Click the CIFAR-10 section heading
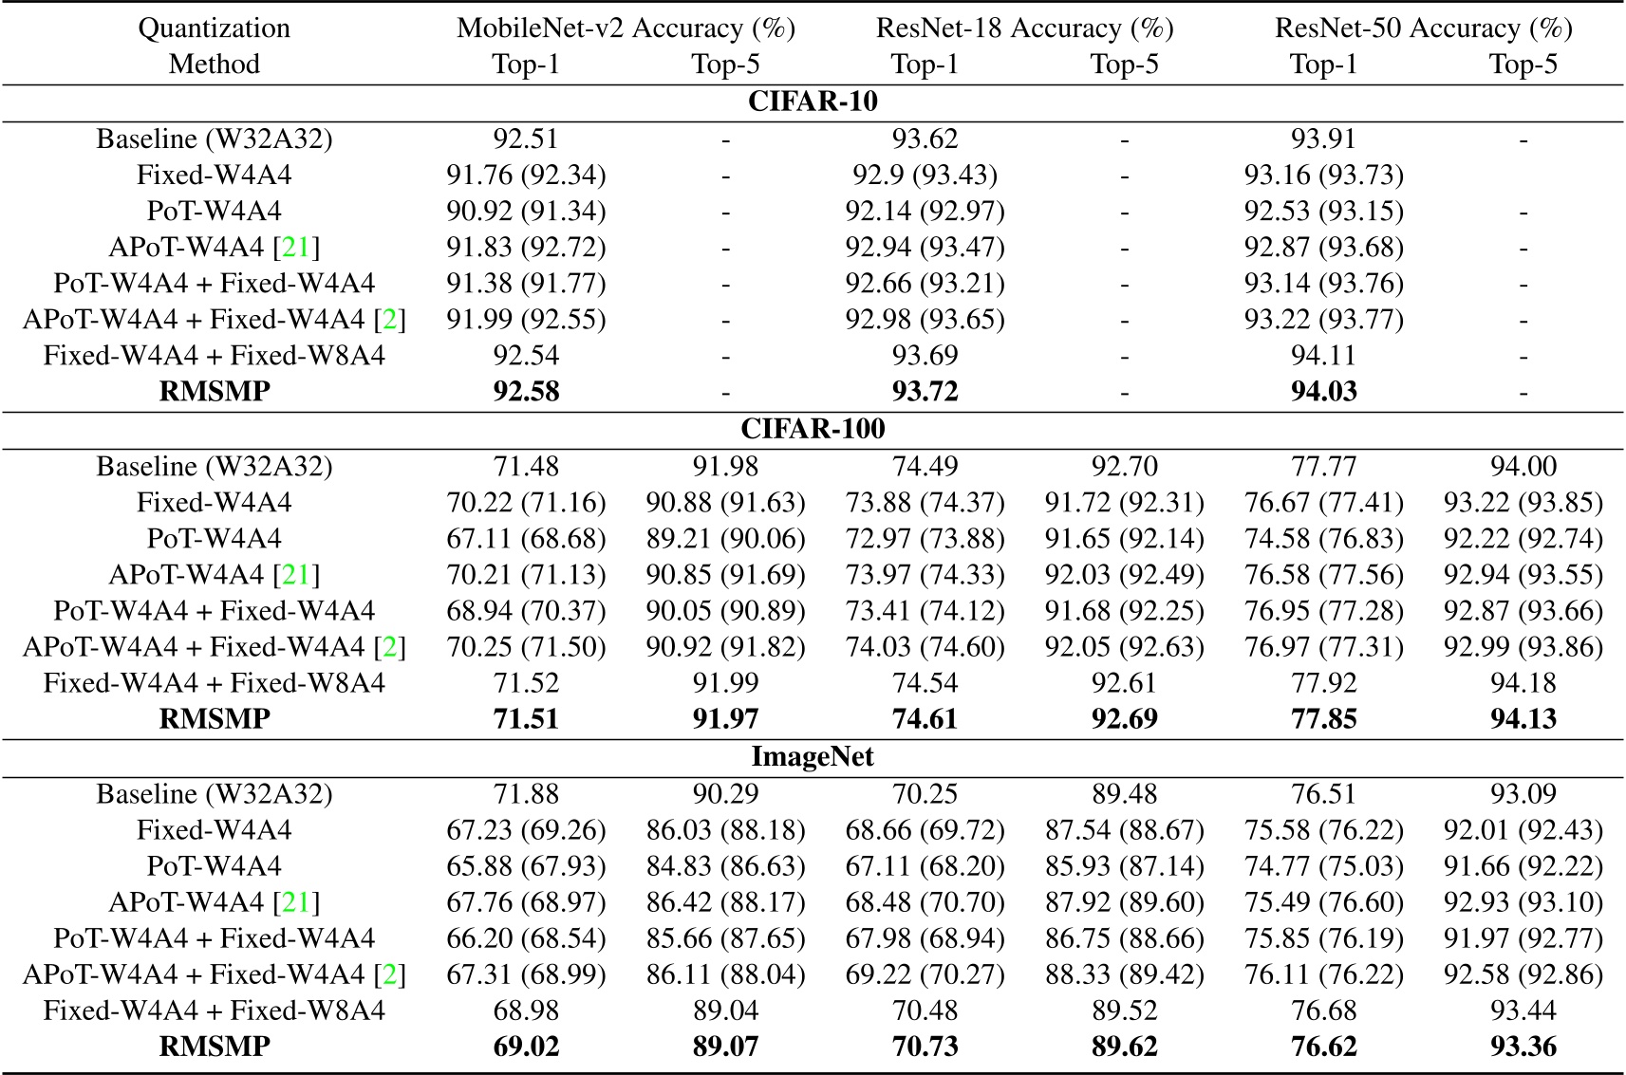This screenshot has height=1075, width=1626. [813, 102]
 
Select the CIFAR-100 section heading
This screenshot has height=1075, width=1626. [813, 429]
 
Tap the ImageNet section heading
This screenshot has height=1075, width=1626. [813, 756]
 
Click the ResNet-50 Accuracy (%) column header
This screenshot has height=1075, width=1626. [1423, 28]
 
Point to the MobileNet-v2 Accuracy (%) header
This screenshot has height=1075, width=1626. [626, 28]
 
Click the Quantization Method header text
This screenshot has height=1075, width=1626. [215, 46]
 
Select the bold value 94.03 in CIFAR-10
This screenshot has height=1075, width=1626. [1323, 391]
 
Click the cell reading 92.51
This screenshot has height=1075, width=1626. [526, 139]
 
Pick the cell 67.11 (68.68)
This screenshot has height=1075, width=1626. [526, 538]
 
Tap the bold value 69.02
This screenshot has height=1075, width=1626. [526, 1046]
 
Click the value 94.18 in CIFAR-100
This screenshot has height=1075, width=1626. [1523, 682]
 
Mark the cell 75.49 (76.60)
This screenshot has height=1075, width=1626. [1323, 901]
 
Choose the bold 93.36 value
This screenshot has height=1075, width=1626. [1523, 1046]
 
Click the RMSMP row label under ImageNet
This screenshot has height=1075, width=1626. [215, 1046]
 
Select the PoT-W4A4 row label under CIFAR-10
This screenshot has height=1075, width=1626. [215, 211]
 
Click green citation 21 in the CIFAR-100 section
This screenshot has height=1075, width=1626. [296, 574]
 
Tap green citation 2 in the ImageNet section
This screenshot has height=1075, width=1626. [388, 973]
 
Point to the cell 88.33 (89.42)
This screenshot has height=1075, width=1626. [1124, 973]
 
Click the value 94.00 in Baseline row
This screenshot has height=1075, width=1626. [1523, 466]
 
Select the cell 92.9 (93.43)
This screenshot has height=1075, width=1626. [925, 175]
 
